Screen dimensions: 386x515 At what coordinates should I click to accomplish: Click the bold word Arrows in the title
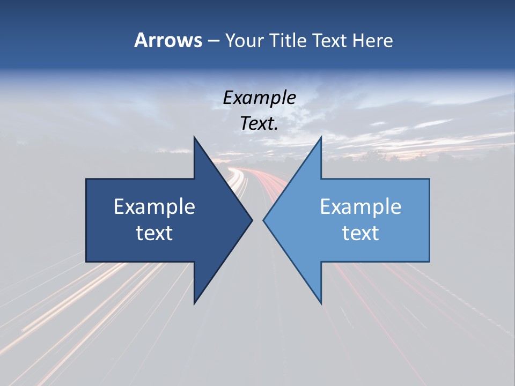click(168, 40)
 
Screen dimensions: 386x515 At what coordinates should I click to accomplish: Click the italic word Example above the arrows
click(260, 98)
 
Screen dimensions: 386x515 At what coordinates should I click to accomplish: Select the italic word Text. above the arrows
click(260, 123)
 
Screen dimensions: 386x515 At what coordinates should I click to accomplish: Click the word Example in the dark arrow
click(154, 207)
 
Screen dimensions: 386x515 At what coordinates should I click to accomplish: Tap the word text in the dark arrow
click(154, 233)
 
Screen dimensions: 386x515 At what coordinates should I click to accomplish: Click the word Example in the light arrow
click(360, 207)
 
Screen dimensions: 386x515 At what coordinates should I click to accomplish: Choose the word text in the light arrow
click(360, 233)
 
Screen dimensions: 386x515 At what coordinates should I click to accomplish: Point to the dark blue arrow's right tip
click(252, 220)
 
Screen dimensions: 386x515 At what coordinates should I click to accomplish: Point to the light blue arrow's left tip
click(263, 220)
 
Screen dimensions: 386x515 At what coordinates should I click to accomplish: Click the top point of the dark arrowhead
click(194, 137)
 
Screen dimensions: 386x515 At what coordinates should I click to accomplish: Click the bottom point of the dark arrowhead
click(194, 303)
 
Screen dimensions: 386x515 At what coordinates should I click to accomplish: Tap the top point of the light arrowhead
click(321, 137)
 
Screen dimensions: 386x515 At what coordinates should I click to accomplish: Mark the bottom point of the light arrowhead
click(321, 303)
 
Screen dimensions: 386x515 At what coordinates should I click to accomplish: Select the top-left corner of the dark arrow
click(86, 180)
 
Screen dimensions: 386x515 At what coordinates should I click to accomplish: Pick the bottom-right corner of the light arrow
click(429, 262)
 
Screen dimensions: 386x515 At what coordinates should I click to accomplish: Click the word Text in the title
click(330, 40)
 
